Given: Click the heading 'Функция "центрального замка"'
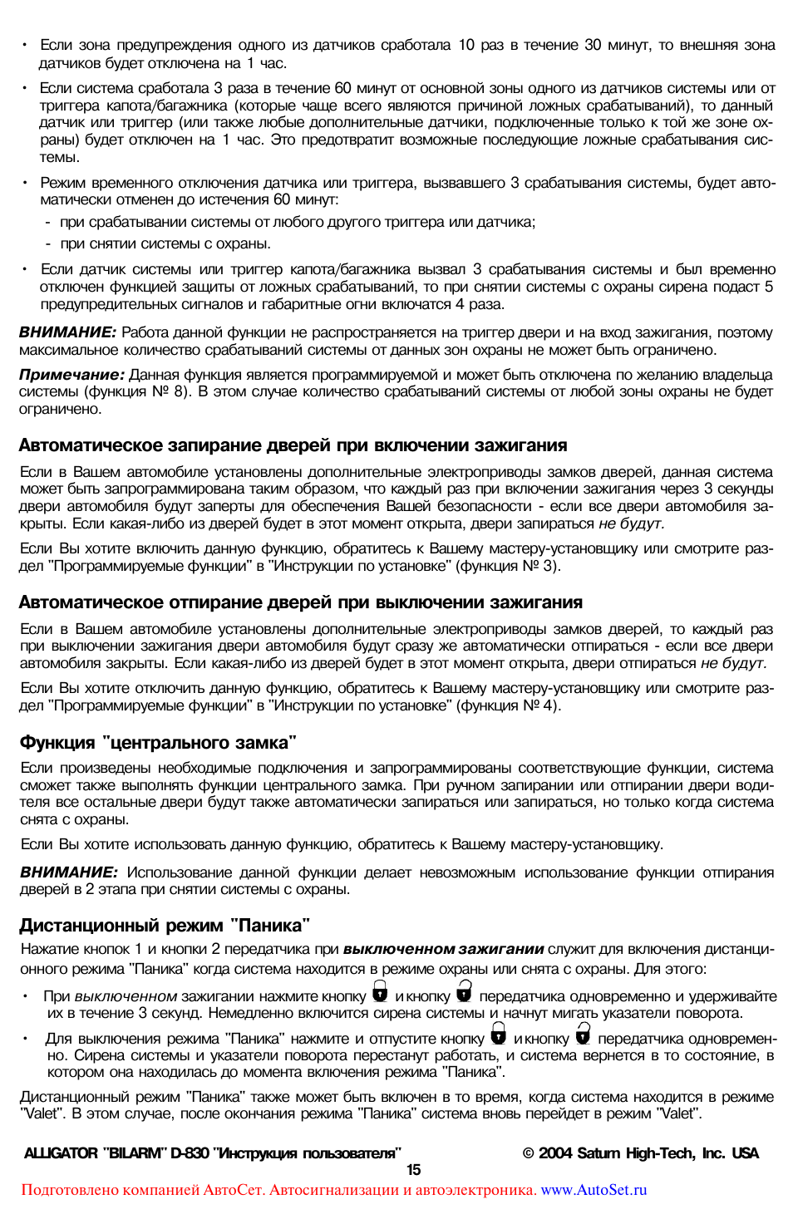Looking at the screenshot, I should [x=158, y=742].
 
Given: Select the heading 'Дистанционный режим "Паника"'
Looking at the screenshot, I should [x=165, y=925].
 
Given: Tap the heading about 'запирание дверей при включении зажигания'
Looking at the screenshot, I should [x=293, y=445].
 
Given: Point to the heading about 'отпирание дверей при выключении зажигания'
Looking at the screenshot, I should [x=300, y=602].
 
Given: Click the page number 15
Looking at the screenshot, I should [x=413, y=1170].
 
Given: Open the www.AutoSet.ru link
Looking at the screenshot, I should [x=594, y=1190].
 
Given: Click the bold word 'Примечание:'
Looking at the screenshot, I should [x=71, y=375].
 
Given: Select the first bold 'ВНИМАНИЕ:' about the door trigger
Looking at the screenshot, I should [x=67, y=332].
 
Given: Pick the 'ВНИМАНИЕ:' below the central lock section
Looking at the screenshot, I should [x=68, y=872].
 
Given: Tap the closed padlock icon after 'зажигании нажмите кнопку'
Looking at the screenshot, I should [x=380, y=991].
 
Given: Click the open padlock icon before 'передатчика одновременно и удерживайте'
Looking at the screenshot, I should [x=464, y=991].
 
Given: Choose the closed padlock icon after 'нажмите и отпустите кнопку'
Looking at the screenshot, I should [x=498, y=1034].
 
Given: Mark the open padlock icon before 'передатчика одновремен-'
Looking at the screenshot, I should [x=583, y=1034].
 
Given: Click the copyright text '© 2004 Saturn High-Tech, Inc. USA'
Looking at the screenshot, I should [x=640, y=1153].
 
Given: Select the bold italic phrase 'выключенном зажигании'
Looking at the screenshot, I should [x=443, y=949].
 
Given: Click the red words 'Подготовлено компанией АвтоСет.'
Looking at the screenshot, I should [x=143, y=1190].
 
